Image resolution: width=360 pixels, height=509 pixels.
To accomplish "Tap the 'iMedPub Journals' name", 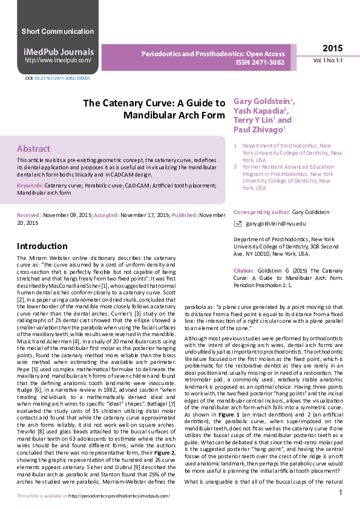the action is pos(58,52).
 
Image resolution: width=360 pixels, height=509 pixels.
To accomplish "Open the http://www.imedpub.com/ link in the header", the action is pos(58,60).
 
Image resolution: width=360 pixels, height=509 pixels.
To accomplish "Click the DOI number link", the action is pos(62,79).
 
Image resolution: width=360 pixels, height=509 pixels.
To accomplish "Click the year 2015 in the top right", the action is pos(332,48).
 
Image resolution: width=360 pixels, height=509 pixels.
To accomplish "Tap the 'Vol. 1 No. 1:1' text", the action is pos(327,61).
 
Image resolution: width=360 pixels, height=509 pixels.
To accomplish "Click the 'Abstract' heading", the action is pos(33,149).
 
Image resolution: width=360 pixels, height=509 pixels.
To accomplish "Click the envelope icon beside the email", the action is pos(238,224).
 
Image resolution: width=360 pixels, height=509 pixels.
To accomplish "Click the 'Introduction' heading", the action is pos(42,246).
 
